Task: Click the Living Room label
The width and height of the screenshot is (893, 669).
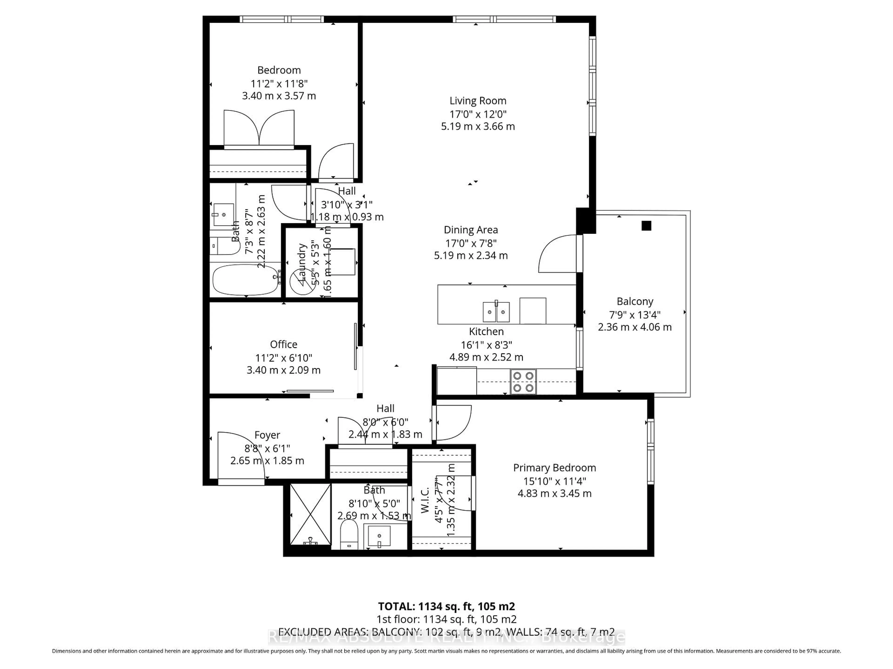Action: [x=478, y=101]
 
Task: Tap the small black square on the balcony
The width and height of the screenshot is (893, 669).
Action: [x=646, y=226]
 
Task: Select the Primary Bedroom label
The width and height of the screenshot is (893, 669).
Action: [x=554, y=468]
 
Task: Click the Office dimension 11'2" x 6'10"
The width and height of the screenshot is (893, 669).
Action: [x=283, y=358]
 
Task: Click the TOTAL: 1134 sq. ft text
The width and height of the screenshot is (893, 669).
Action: [x=446, y=606]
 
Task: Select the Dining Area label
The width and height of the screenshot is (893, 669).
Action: [x=471, y=230]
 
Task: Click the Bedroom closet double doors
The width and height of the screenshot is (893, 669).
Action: [x=259, y=128]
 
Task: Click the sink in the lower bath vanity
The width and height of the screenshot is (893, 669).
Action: [x=379, y=536]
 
